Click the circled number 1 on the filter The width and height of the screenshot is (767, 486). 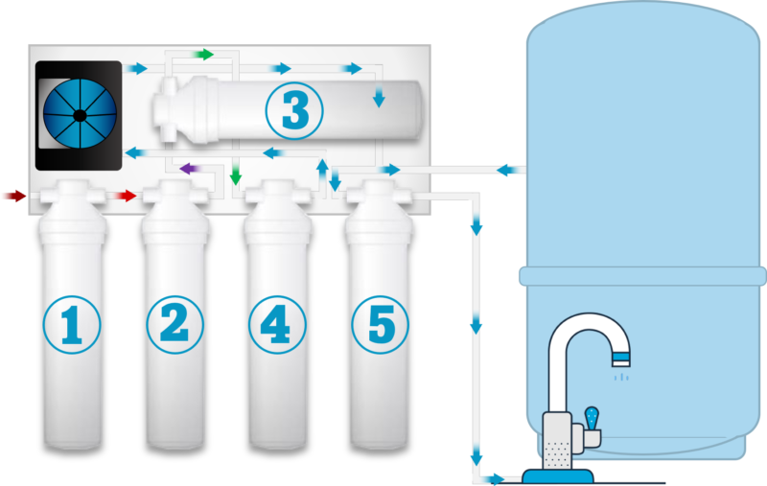pyautogui.click(x=72, y=325)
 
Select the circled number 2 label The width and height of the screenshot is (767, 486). pyautogui.click(x=174, y=325)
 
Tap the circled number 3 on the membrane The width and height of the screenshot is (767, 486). pyautogui.click(x=294, y=110)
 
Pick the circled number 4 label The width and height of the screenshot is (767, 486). pyautogui.click(x=277, y=325)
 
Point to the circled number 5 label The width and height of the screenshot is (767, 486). pyautogui.click(x=380, y=325)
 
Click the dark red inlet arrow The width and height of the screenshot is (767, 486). pyautogui.click(x=14, y=197)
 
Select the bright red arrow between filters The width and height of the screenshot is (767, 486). pyautogui.click(x=126, y=196)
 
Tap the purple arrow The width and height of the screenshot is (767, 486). pyautogui.click(x=190, y=169)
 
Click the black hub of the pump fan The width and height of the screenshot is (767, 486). pyautogui.click(x=80, y=116)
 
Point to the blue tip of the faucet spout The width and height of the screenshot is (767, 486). pyautogui.click(x=621, y=359)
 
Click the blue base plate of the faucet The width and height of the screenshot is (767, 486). pyautogui.click(x=558, y=475)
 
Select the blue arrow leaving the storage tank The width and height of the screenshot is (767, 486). pyautogui.click(x=509, y=171)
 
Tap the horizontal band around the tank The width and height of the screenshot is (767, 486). pyautogui.click(x=642, y=276)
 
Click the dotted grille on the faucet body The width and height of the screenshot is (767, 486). pyautogui.click(x=557, y=454)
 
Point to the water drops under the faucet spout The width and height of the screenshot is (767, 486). pyautogui.click(x=621, y=377)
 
